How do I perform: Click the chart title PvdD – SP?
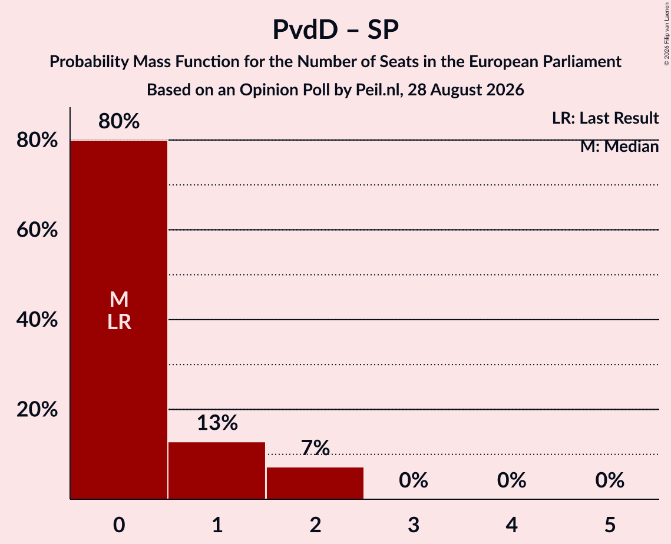tap(336, 29)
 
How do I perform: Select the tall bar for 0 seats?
tap(119, 320)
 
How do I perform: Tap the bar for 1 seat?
tap(217, 470)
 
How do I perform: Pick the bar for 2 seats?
tap(315, 483)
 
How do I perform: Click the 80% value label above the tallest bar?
tap(119, 121)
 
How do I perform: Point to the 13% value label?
tap(217, 423)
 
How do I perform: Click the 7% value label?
tap(315, 448)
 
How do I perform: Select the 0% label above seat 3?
tap(414, 480)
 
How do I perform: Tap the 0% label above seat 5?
tap(610, 480)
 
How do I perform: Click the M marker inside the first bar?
tap(119, 299)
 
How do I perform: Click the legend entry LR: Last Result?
tap(605, 118)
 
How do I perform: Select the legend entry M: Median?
tap(619, 147)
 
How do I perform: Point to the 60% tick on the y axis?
tap(37, 230)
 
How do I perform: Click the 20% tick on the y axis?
tap(37, 410)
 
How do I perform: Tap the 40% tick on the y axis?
tap(37, 320)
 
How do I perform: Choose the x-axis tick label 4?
tap(512, 525)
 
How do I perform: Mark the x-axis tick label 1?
tap(217, 525)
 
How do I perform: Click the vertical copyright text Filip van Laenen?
tap(666, 26)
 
